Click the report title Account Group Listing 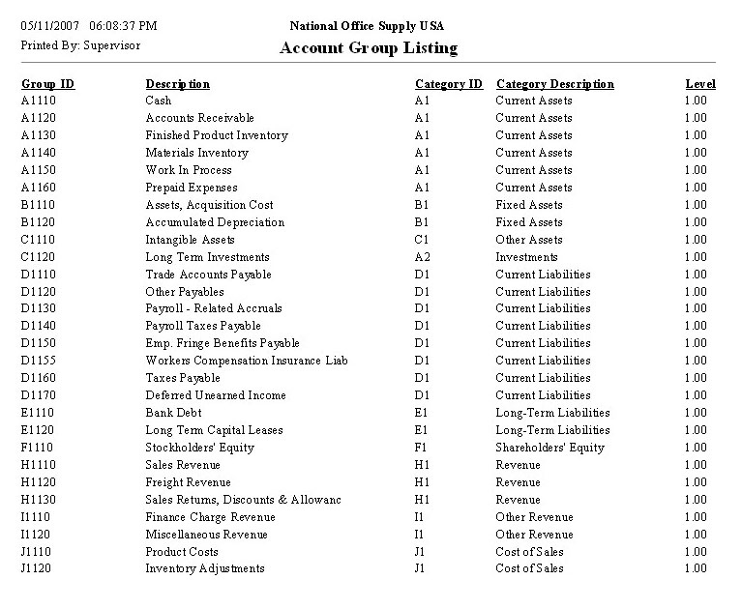[x=368, y=48]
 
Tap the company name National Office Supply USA [x=368, y=25]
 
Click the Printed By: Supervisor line [x=80, y=44]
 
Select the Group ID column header [x=47, y=84]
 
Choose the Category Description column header [x=554, y=84]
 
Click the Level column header [x=700, y=84]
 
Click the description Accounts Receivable [x=196, y=118]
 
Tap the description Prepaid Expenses [x=191, y=188]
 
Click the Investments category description [x=526, y=257]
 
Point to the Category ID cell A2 [x=422, y=257]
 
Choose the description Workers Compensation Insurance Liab [x=246, y=361]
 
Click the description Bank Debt [x=171, y=413]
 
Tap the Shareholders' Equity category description [x=549, y=448]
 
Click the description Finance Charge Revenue [x=210, y=517]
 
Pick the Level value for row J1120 [x=695, y=568]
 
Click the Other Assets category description [x=528, y=240]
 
